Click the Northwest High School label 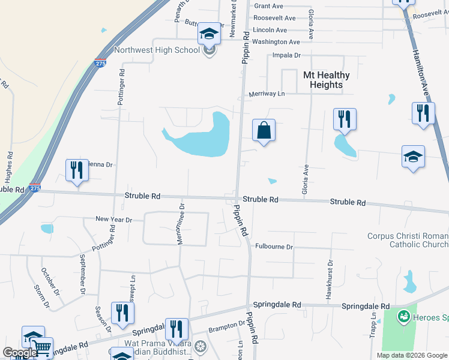click(x=157, y=50)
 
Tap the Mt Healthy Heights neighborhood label click(x=326, y=80)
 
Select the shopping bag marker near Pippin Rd click(x=264, y=130)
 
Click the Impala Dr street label click(x=286, y=55)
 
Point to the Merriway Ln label click(x=267, y=94)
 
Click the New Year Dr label click(x=113, y=220)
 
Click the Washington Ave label click(x=276, y=42)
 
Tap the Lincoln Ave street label click(x=270, y=30)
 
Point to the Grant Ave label click(x=268, y=6)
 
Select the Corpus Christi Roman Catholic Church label click(x=408, y=240)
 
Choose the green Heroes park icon click(x=403, y=315)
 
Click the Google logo click(x=20, y=353)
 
